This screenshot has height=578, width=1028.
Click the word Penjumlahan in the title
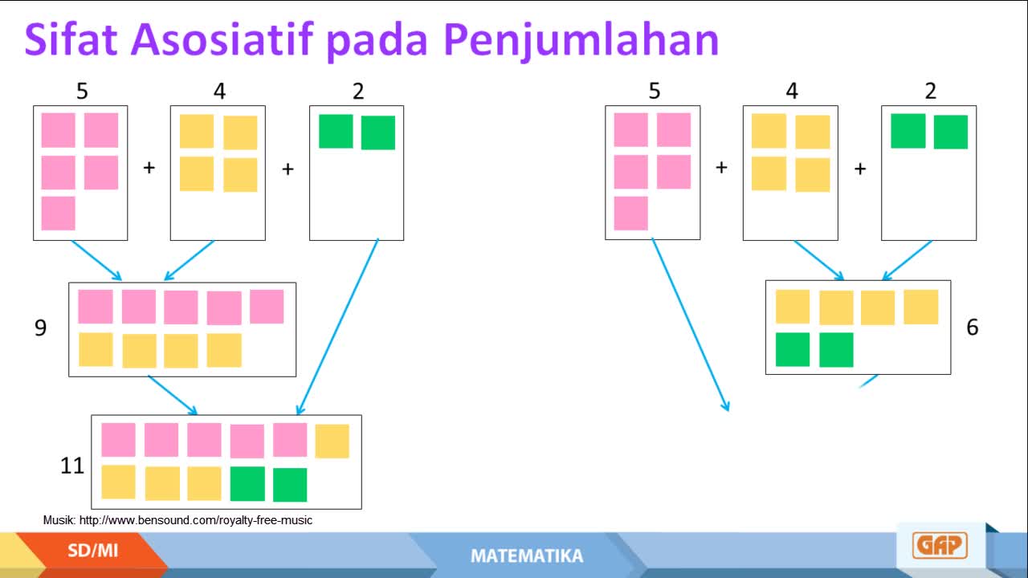(581, 41)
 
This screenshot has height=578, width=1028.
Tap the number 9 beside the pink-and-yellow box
(40, 328)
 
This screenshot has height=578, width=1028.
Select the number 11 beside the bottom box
(72, 465)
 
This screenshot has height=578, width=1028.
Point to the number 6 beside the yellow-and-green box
(972, 327)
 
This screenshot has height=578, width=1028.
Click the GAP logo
(940, 545)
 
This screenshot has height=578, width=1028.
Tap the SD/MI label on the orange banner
(92, 550)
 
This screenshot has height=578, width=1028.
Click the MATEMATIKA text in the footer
(526, 556)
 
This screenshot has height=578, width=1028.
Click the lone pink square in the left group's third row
(59, 214)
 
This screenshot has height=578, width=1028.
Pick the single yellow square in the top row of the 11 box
(332, 442)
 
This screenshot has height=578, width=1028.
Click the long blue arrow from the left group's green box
(337, 326)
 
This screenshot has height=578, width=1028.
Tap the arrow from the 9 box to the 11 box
(173, 395)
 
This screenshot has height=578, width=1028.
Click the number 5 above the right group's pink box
(655, 91)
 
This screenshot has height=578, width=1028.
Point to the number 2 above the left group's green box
(358, 92)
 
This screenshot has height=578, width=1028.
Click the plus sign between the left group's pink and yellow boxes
(149, 168)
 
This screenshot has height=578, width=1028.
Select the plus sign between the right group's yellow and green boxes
(860, 169)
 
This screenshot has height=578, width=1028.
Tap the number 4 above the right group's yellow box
(792, 91)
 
